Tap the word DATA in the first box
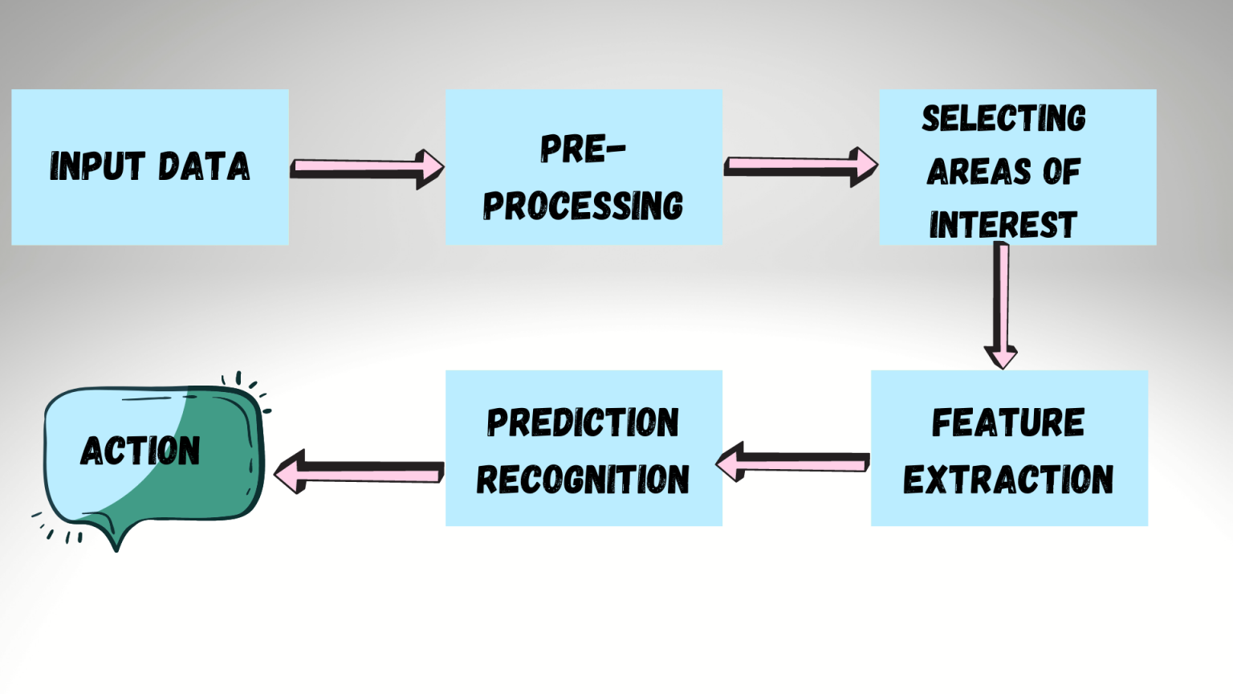(x=203, y=166)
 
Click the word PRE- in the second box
(x=582, y=149)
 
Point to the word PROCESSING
(x=583, y=206)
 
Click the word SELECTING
(x=1003, y=119)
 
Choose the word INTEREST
(x=1003, y=225)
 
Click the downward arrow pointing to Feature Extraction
(x=1001, y=305)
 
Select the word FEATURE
(x=1008, y=423)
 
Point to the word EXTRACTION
(x=1008, y=480)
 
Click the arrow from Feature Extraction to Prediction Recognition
(x=796, y=463)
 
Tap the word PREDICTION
(x=583, y=423)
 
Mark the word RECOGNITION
(x=583, y=480)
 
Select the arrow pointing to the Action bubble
(x=359, y=472)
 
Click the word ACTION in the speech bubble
(x=140, y=451)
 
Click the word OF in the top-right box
(x=1061, y=172)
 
